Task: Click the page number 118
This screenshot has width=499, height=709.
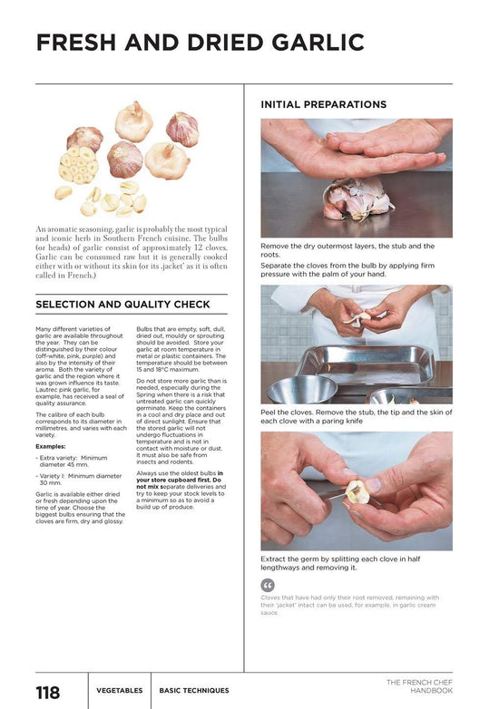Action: (47, 693)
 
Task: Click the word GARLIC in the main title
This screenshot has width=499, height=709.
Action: (318, 43)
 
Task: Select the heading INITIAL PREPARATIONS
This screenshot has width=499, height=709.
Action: (324, 104)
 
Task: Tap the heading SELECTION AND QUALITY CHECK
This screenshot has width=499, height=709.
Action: (122, 305)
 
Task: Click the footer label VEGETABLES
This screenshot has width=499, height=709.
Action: (120, 691)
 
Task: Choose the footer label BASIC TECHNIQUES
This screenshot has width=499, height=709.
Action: (194, 691)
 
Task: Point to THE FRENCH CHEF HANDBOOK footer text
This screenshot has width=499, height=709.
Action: (419, 686)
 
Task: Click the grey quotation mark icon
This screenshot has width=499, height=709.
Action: (268, 585)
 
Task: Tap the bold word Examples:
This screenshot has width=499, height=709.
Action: (51, 446)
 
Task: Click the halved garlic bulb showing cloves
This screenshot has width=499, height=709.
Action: (78, 165)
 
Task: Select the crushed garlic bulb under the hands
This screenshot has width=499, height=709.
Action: (357, 199)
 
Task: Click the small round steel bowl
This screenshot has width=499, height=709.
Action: (302, 389)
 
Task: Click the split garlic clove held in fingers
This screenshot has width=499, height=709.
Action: (357, 492)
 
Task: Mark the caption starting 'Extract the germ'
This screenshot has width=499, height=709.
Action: (340, 563)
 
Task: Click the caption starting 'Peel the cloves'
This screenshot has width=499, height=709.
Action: (357, 416)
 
